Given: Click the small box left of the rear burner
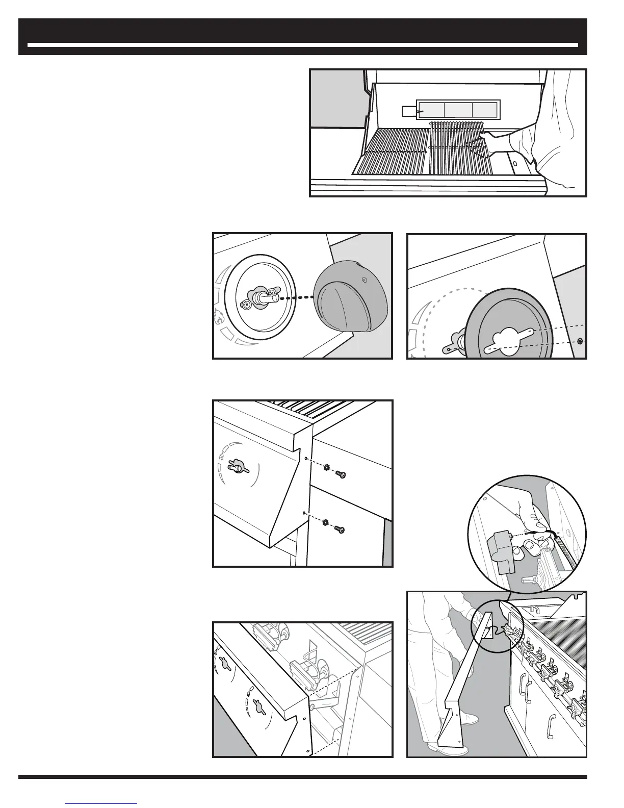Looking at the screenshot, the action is point(409,111).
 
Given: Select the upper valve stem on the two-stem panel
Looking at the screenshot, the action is point(225,664).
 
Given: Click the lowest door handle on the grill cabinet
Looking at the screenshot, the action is point(551,724).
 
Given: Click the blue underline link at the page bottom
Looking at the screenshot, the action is point(101,803).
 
